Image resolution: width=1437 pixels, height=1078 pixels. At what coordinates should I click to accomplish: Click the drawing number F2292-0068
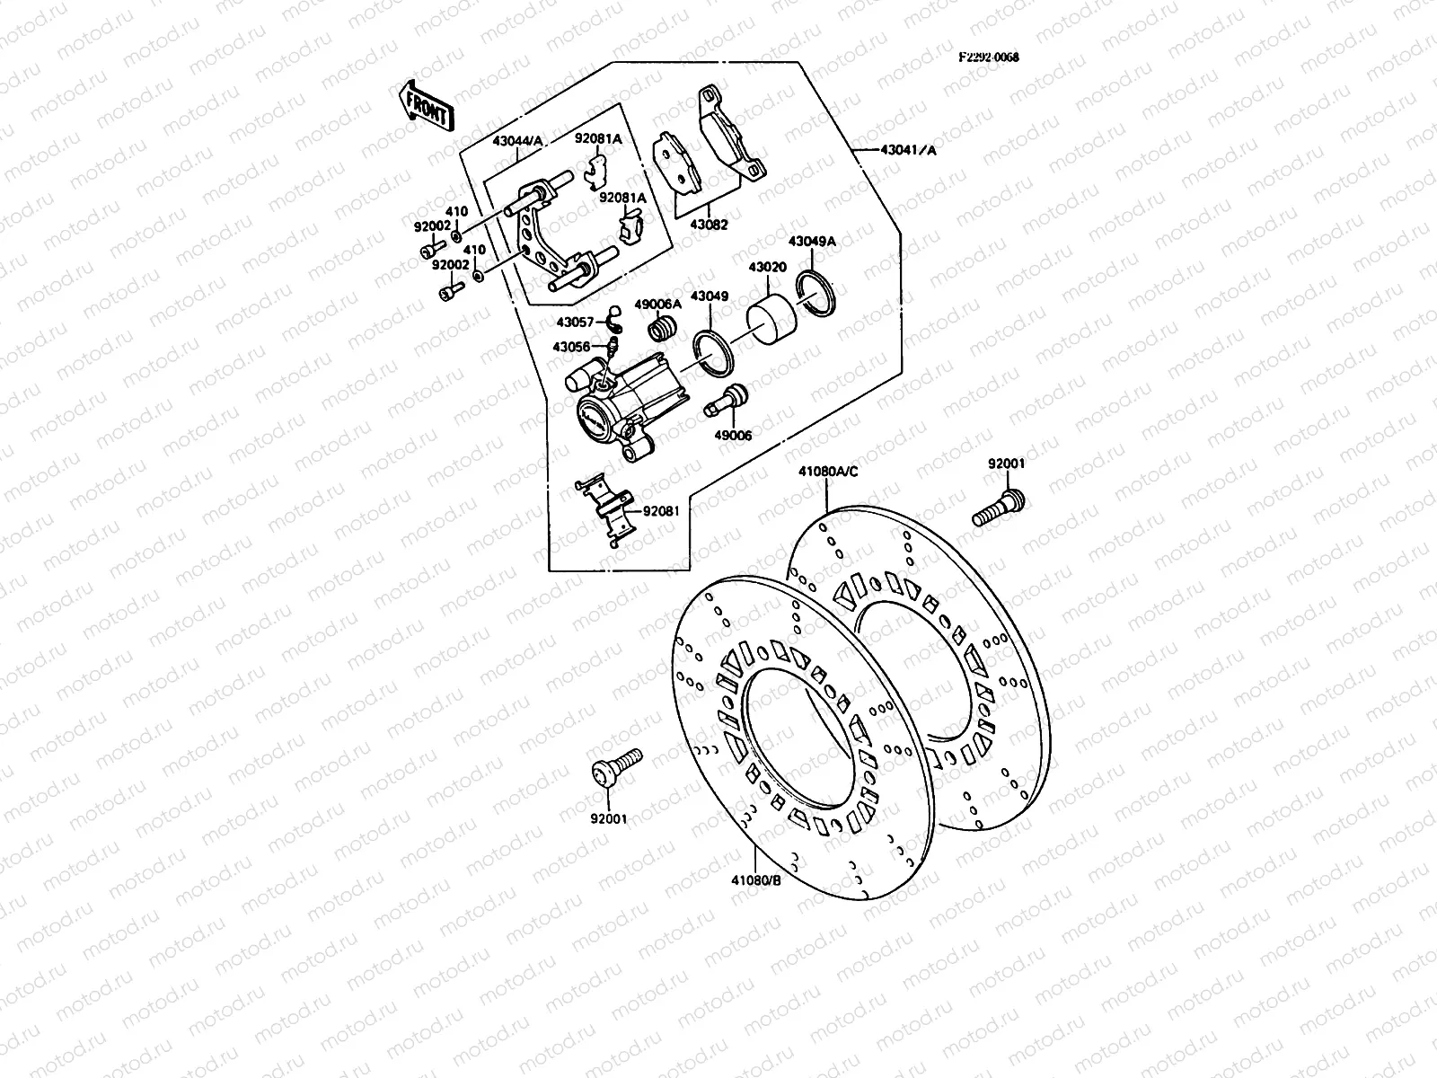pos(989,56)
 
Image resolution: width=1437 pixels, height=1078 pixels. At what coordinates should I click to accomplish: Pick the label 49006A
pos(657,305)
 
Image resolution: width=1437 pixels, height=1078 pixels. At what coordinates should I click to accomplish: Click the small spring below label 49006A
pos(662,329)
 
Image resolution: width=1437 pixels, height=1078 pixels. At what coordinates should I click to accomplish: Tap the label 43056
pos(571,347)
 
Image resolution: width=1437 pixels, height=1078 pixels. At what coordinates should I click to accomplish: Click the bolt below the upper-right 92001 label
pos(1000,508)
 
